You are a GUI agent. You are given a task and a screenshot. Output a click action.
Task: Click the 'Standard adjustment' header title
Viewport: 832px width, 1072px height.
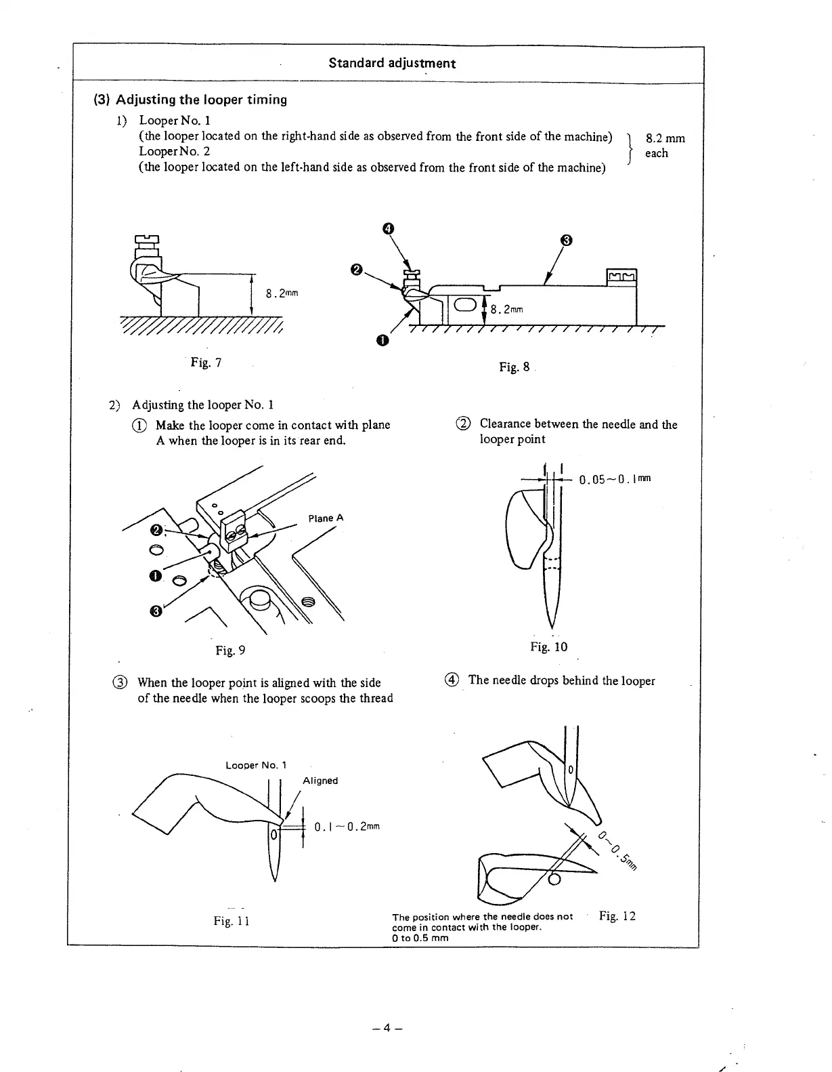pos(392,63)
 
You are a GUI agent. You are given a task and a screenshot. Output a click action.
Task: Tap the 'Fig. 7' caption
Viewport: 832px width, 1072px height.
pos(206,363)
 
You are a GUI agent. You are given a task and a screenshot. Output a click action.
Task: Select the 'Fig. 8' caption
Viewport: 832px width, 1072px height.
pos(514,367)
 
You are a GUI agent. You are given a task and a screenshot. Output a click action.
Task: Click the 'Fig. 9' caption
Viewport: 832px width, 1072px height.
pos(230,651)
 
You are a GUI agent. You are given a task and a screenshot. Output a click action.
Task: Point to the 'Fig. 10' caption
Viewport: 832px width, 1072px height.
pos(548,647)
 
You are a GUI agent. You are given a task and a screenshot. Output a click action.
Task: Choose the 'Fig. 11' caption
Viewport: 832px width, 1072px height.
pos(232,921)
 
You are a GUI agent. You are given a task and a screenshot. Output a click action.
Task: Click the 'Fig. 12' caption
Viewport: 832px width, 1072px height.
pos(617,917)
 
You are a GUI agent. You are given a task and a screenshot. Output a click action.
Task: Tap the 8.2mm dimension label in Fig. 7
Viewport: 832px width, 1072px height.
pos(282,293)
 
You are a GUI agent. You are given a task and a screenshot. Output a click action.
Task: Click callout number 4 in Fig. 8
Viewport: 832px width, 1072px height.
pos(388,228)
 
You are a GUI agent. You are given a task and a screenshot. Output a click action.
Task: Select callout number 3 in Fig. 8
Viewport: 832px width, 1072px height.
pos(567,240)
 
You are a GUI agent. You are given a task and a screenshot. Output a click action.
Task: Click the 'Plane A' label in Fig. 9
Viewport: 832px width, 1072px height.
pos(326,518)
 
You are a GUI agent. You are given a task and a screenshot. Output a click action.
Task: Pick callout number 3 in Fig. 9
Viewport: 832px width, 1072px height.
pos(156,612)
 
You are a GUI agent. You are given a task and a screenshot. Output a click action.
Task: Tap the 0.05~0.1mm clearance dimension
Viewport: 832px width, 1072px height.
pos(615,480)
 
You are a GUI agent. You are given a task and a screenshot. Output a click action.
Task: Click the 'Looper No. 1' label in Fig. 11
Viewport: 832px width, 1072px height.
pos(256,765)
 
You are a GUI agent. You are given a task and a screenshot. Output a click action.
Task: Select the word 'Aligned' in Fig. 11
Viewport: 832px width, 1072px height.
pos(320,781)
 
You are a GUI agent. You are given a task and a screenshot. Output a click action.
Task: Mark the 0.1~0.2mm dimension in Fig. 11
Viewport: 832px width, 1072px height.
pos(347,827)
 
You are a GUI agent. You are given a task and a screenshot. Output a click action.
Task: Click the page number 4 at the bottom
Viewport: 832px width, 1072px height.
pos(387,1028)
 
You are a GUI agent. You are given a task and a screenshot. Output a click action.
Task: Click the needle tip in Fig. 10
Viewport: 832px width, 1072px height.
pos(552,627)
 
